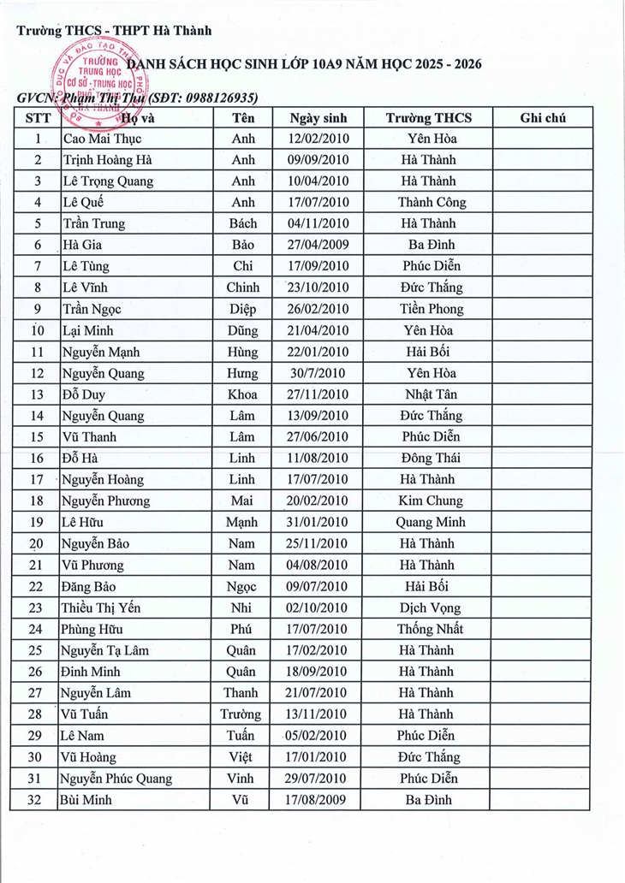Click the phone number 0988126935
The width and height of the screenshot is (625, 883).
[x=218, y=98]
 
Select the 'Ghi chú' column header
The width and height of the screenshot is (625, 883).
[x=543, y=118]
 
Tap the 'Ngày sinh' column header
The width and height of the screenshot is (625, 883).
[x=318, y=118]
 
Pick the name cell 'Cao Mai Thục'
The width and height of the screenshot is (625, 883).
[x=102, y=139]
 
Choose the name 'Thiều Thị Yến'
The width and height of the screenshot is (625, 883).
[x=101, y=608]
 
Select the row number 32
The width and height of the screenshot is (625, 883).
[x=36, y=800]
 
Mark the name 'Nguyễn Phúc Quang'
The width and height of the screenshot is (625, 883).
[x=116, y=779]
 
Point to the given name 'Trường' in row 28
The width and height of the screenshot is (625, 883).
[x=241, y=714]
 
